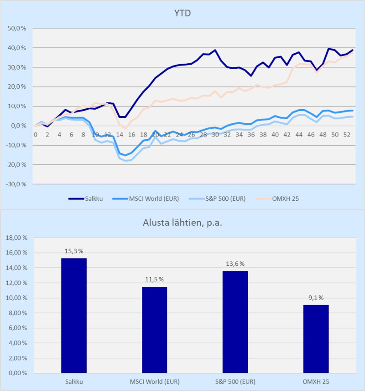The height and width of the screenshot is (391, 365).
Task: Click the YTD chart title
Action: (x=182, y=13)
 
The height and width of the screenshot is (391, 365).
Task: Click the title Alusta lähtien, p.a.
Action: (x=182, y=223)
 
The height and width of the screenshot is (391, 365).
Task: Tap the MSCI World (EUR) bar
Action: (x=154, y=330)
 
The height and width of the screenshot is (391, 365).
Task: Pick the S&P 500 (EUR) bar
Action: (x=235, y=322)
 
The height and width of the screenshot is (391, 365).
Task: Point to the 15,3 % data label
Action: (x=74, y=251)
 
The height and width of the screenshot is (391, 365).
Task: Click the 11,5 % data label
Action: (x=154, y=279)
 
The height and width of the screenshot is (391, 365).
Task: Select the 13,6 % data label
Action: (x=235, y=264)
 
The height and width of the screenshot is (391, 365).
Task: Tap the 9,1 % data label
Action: (x=316, y=298)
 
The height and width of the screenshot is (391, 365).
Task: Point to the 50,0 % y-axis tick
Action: (x=17, y=28)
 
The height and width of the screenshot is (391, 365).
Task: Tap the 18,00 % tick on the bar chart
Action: (x=17, y=238)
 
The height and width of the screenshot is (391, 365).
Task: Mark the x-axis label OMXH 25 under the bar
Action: (x=316, y=381)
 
